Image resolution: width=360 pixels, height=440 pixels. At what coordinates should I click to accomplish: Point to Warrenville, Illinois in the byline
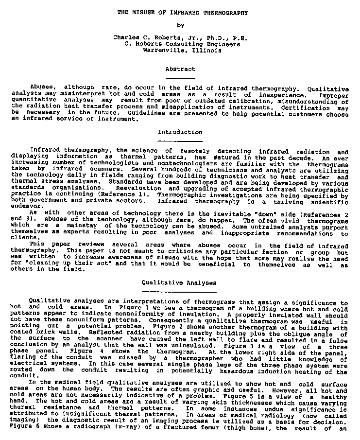180,50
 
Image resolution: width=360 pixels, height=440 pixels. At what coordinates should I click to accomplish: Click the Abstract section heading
180,70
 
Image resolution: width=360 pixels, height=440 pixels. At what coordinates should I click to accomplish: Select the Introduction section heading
180,132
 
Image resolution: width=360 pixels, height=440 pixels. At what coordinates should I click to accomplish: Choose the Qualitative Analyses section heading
179,282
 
